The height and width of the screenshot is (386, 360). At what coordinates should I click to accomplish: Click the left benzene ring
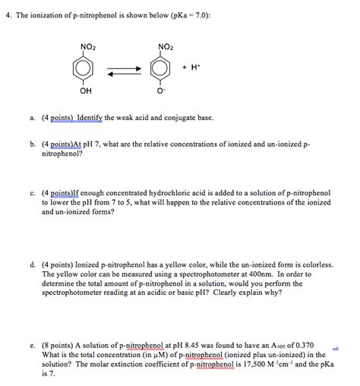coord(88,71)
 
